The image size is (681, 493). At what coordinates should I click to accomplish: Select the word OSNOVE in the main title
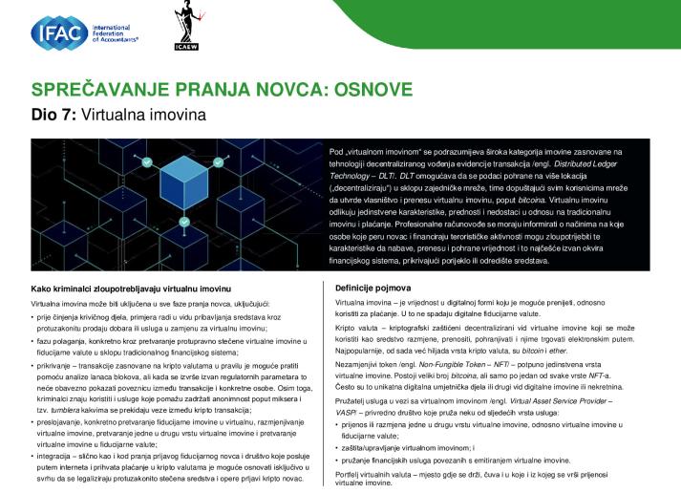coord(368,92)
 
